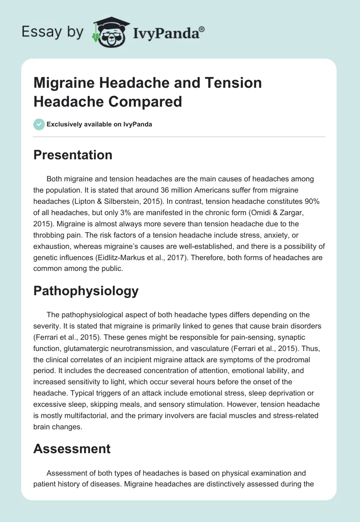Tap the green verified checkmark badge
pyautogui.click(x=39, y=124)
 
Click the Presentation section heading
pyautogui.click(x=73, y=155)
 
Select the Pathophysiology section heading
pyautogui.click(x=86, y=291)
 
